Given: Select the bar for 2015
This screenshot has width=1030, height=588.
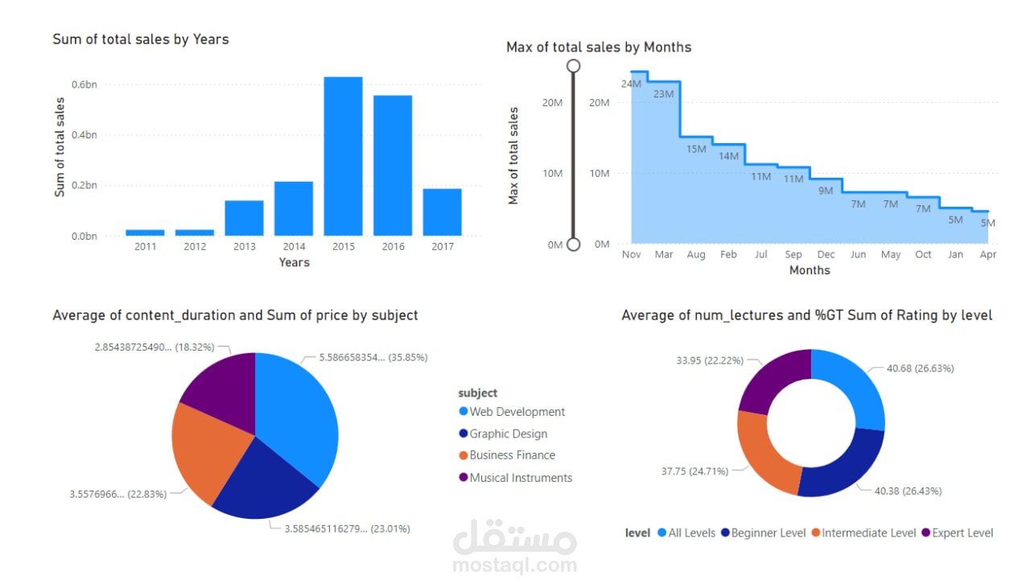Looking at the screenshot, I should pos(343,156).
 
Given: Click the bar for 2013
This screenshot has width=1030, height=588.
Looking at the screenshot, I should pos(244,218).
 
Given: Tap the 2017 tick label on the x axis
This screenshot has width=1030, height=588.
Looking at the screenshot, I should pos(442,247).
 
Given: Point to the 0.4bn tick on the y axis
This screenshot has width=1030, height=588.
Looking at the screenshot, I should pos(84,134).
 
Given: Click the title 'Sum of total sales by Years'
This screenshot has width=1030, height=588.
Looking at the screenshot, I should pos(141,39).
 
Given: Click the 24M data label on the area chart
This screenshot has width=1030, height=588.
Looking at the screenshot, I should pos(631,84).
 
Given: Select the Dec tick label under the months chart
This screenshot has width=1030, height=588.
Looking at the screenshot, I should pos(826,254).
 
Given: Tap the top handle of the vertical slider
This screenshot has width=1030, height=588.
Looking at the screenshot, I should pos(574,65).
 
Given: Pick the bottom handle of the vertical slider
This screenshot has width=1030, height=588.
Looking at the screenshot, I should pos(574,244).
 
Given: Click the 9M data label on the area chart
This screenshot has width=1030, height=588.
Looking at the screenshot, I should pos(826,191).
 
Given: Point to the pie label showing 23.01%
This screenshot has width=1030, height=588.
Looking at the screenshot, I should pos(347,528).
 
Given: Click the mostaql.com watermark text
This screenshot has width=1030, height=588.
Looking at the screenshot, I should pos(515,565).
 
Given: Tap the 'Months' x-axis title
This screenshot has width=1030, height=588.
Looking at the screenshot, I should pos(810,270).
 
